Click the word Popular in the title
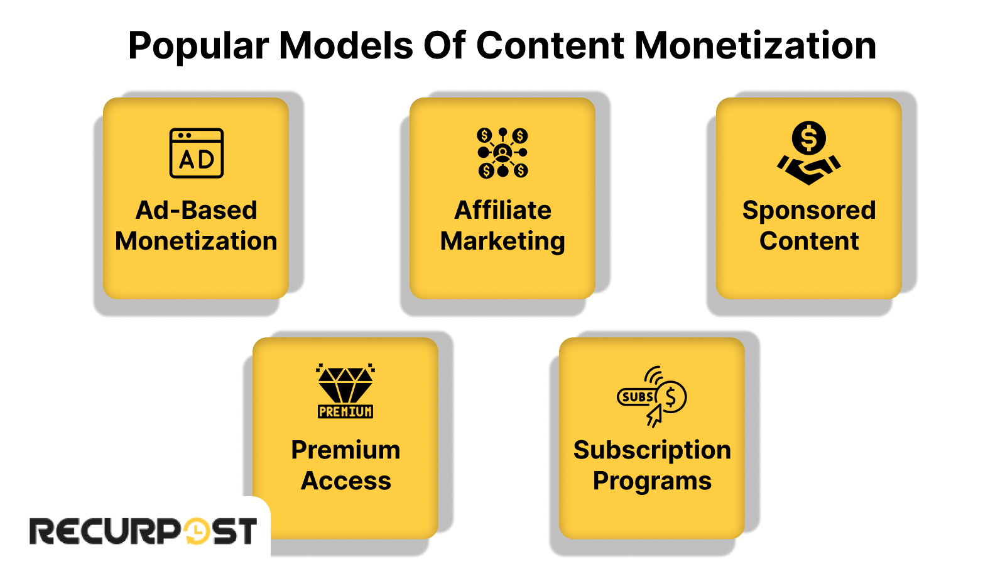[198, 47]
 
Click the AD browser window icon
[197, 153]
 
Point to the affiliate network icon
[503, 153]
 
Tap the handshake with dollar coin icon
[809, 153]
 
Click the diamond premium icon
[345, 391]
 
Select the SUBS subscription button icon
[652, 396]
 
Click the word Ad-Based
[197, 210]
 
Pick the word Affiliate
[503, 210]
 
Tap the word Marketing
[503, 241]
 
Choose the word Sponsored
[809, 211]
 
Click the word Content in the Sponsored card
[809, 241]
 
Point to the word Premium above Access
[345, 450]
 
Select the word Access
[346, 481]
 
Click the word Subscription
[652, 450]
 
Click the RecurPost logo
[143, 531]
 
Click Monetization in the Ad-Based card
[197, 241]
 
